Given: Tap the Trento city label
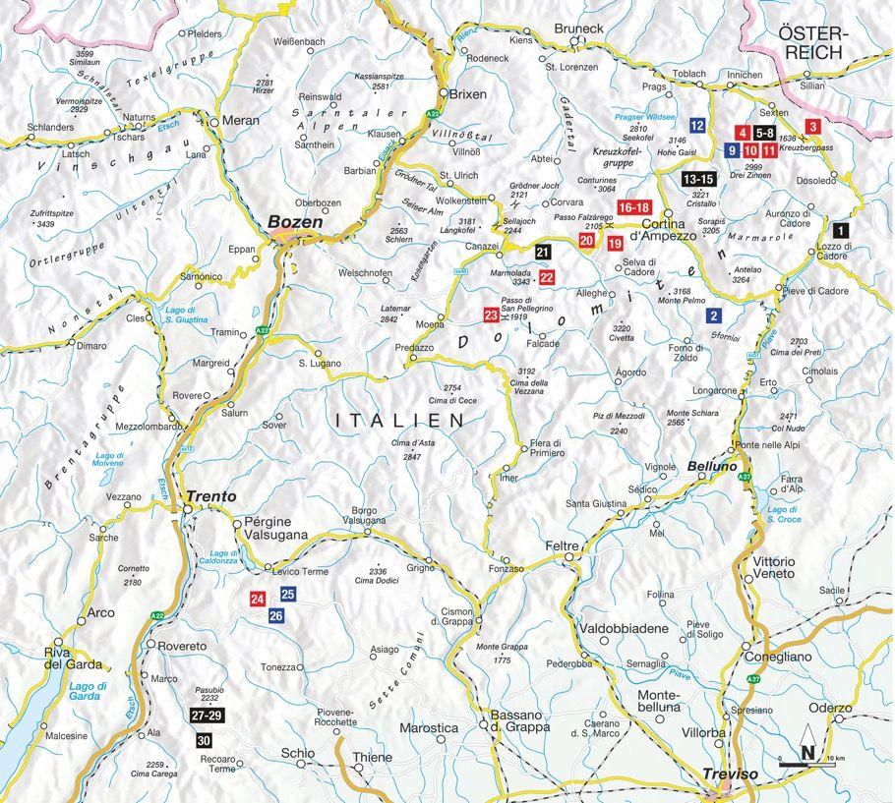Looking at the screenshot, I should [x=213, y=497].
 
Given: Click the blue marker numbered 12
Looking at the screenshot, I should [x=698, y=126].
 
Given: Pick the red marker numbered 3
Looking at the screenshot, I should [x=812, y=126].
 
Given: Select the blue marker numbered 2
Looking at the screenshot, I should [x=714, y=315].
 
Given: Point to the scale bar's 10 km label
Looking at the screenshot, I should [x=837, y=759].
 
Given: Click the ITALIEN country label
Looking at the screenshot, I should [x=399, y=420].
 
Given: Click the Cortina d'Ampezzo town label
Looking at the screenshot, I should [x=670, y=228].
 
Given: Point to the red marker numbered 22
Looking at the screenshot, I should [x=547, y=278].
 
